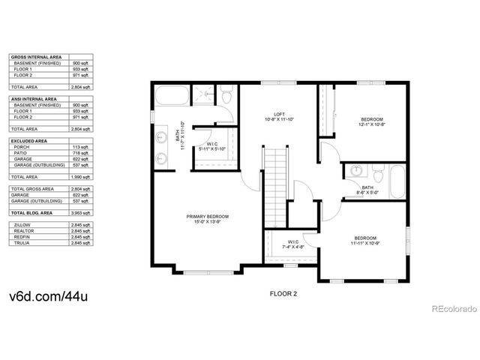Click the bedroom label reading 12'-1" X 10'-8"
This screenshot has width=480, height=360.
tap(371, 122)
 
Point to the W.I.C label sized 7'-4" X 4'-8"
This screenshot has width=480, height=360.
tap(292, 243)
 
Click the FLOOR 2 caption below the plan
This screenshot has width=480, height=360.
tap(283, 294)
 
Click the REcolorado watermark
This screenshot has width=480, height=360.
tap(451, 307)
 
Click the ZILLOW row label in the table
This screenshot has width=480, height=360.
tap(22, 224)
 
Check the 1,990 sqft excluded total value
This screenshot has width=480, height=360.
tap(82, 177)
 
